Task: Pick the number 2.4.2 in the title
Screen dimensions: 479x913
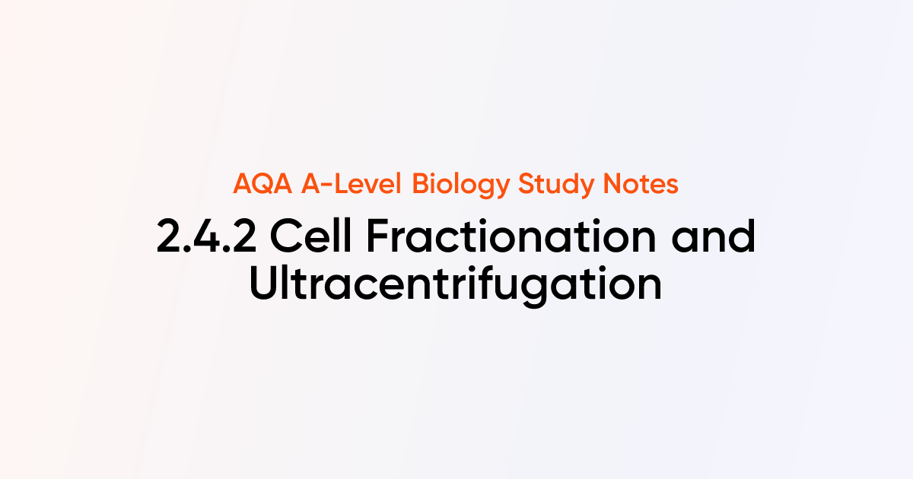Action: tap(207, 237)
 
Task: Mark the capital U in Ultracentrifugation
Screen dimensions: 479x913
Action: tap(266, 284)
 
